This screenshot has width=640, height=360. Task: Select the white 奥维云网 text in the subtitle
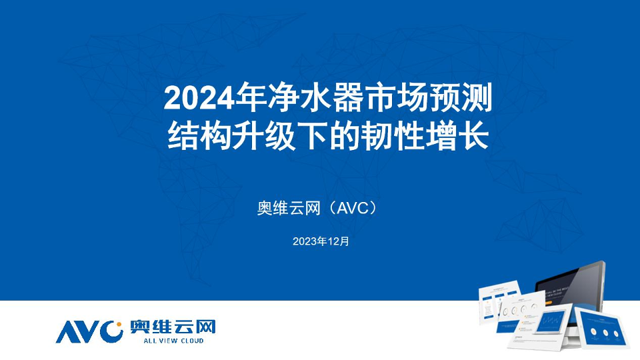click(289, 208)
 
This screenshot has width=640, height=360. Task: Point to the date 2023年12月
click(321, 241)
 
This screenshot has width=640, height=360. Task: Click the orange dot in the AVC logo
click(119, 325)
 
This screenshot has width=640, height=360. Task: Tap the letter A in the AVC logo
click(67, 332)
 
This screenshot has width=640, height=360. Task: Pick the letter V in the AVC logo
click(89, 332)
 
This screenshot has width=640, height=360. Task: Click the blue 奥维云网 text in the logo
click(173, 327)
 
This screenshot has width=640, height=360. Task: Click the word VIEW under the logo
click(168, 341)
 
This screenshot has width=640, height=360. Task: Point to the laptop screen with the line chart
click(552, 319)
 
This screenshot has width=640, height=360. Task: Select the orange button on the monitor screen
click(548, 303)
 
